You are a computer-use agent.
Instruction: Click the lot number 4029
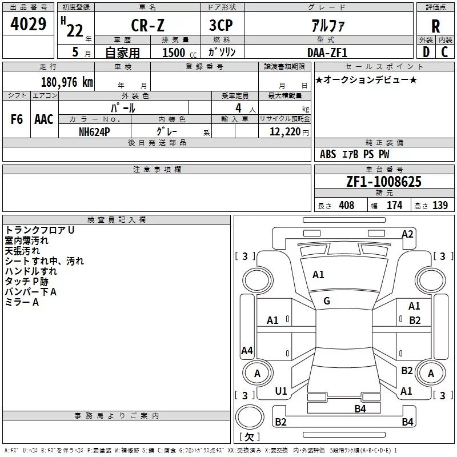pyautogui.click(x=28, y=24)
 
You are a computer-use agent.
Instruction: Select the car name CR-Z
pyautogui.click(x=147, y=25)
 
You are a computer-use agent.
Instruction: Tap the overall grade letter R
pyautogui.click(x=435, y=26)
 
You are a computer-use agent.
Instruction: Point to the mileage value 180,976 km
pyautogui.click(x=67, y=82)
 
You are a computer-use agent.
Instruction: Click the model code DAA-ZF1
pyautogui.click(x=327, y=53)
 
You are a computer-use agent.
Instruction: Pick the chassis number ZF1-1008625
pyautogui.click(x=384, y=182)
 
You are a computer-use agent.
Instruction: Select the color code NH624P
pyautogui.click(x=94, y=132)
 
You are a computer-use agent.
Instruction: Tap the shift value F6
pyautogui.click(x=17, y=119)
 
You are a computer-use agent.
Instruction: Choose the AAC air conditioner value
pyautogui.click(x=44, y=119)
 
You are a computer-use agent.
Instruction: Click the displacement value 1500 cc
pyautogui.click(x=179, y=53)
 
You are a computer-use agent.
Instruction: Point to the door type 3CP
pyautogui.click(x=221, y=25)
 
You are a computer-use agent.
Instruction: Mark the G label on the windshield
pyautogui.click(x=327, y=301)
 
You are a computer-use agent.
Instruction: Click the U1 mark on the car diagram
pyautogui.click(x=281, y=391)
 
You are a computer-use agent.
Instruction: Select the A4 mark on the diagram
pyautogui.click(x=247, y=350)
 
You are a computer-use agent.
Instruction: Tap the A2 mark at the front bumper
pyautogui.click(x=407, y=234)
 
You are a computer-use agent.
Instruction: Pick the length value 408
pyautogui.click(x=347, y=205)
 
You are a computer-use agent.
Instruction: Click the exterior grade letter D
pyautogui.click(x=426, y=52)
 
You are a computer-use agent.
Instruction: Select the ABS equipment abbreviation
pyautogui.click(x=328, y=154)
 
